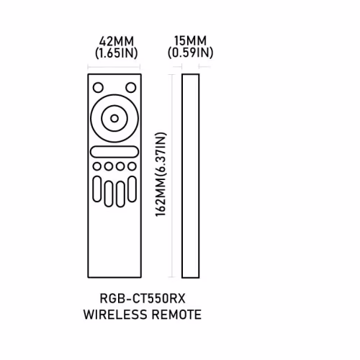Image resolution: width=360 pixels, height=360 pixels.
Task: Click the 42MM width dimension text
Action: pos(117,41)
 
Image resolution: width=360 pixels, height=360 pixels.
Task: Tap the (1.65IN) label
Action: pos(117,53)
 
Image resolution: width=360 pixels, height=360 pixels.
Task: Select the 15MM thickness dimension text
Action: pos(190,40)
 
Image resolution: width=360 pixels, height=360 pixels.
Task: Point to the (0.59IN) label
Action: pos(190,53)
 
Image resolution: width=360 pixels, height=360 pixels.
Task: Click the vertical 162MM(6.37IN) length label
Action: pos(161,174)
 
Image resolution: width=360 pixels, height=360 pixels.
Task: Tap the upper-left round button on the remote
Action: pos(98,87)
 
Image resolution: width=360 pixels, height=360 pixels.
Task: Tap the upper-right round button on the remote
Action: pos(131,87)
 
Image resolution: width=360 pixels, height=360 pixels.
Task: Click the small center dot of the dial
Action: pos(114,118)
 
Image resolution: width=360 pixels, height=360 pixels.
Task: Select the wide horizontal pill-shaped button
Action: pos(114,152)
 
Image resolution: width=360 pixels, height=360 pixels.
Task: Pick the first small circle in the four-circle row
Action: pos(97,166)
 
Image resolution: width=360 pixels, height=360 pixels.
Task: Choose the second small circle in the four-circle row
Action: pos(109,166)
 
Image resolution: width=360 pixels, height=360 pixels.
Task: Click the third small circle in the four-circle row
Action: pos(120,166)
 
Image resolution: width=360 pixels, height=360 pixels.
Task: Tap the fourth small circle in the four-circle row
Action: pos(132,166)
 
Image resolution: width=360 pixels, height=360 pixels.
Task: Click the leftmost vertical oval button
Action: pos(97,189)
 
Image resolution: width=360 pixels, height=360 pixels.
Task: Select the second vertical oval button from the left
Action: pos(109,194)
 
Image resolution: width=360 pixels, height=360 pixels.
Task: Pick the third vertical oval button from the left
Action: pos(120,194)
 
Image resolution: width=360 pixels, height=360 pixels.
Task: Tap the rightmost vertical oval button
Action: pos(132,189)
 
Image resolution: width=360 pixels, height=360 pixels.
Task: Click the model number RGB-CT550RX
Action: pos(143,299)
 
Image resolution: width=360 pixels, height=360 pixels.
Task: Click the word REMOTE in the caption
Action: pos(176,315)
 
